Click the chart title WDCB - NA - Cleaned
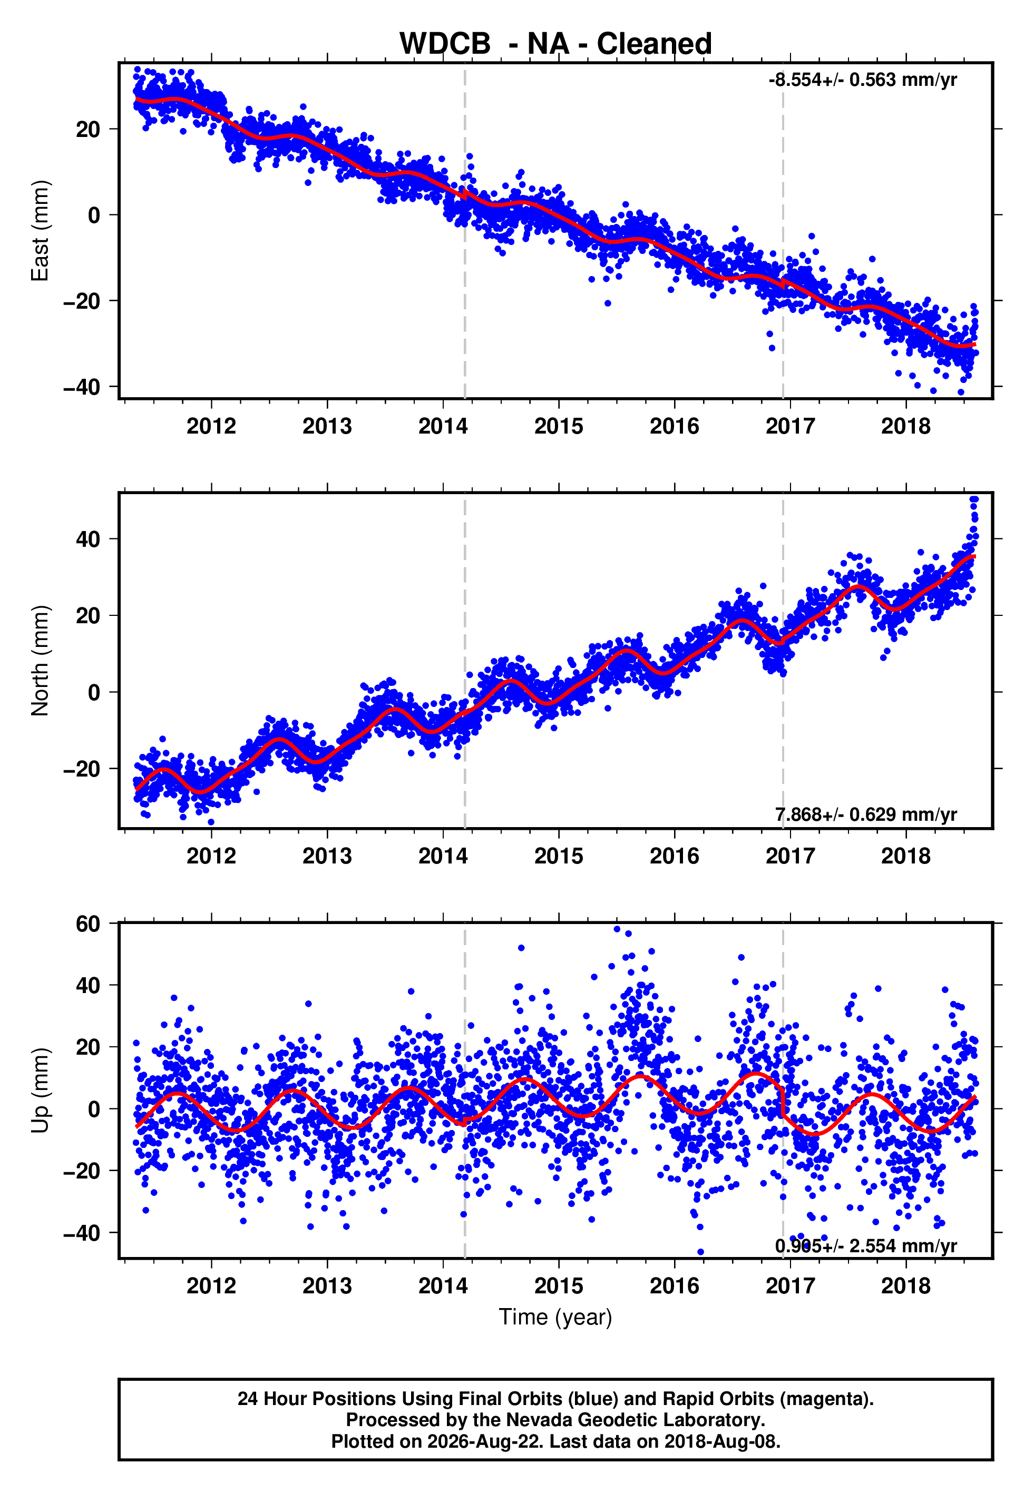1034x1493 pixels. pyautogui.click(x=555, y=44)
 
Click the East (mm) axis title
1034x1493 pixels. pyautogui.click(x=40, y=231)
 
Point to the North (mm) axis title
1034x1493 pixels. pyautogui.click(x=40, y=661)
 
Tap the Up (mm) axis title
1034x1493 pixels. pyautogui.click(x=40, y=1091)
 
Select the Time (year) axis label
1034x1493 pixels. pyautogui.click(x=555, y=1317)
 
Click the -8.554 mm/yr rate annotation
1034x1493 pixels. pyautogui.click(x=862, y=80)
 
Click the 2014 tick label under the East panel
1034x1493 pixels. pyautogui.click(x=443, y=426)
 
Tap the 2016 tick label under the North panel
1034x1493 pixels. pyautogui.click(x=675, y=856)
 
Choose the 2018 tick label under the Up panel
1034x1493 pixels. pyautogui.click(x=906, y=1286)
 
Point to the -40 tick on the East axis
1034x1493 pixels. pyautogui.click(x=82, y=387)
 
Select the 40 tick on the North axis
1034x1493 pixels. pyautogui.click(x=88, y=539)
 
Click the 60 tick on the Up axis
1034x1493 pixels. pyautogui.click(x=88, y=924)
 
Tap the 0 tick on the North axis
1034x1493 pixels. pyautogui.click(x=94, y=692)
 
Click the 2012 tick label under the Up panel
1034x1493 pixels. pyautogui.click(x=211, y=1286)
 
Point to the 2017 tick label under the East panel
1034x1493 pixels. pyautogui.click(x=791, y=426)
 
